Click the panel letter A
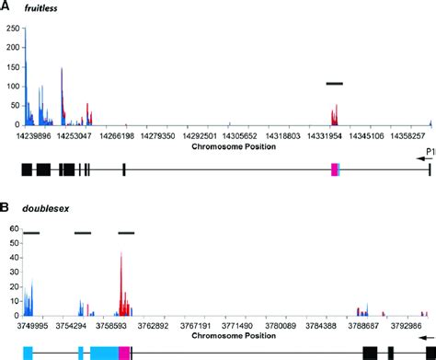6,6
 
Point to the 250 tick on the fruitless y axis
12,29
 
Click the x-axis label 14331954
334,135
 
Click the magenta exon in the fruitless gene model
335,168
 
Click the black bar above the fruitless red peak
334,83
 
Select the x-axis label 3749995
33,325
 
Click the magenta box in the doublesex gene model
124,352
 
